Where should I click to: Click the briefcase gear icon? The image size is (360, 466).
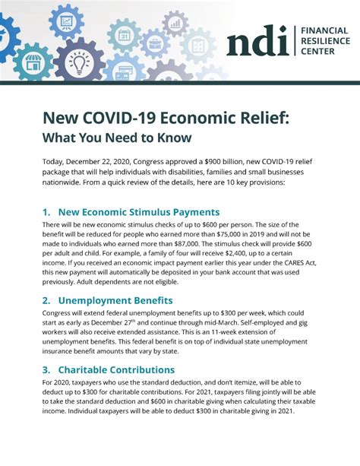[x=156, y=43]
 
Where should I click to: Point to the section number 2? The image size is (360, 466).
[x=46, y=300]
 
